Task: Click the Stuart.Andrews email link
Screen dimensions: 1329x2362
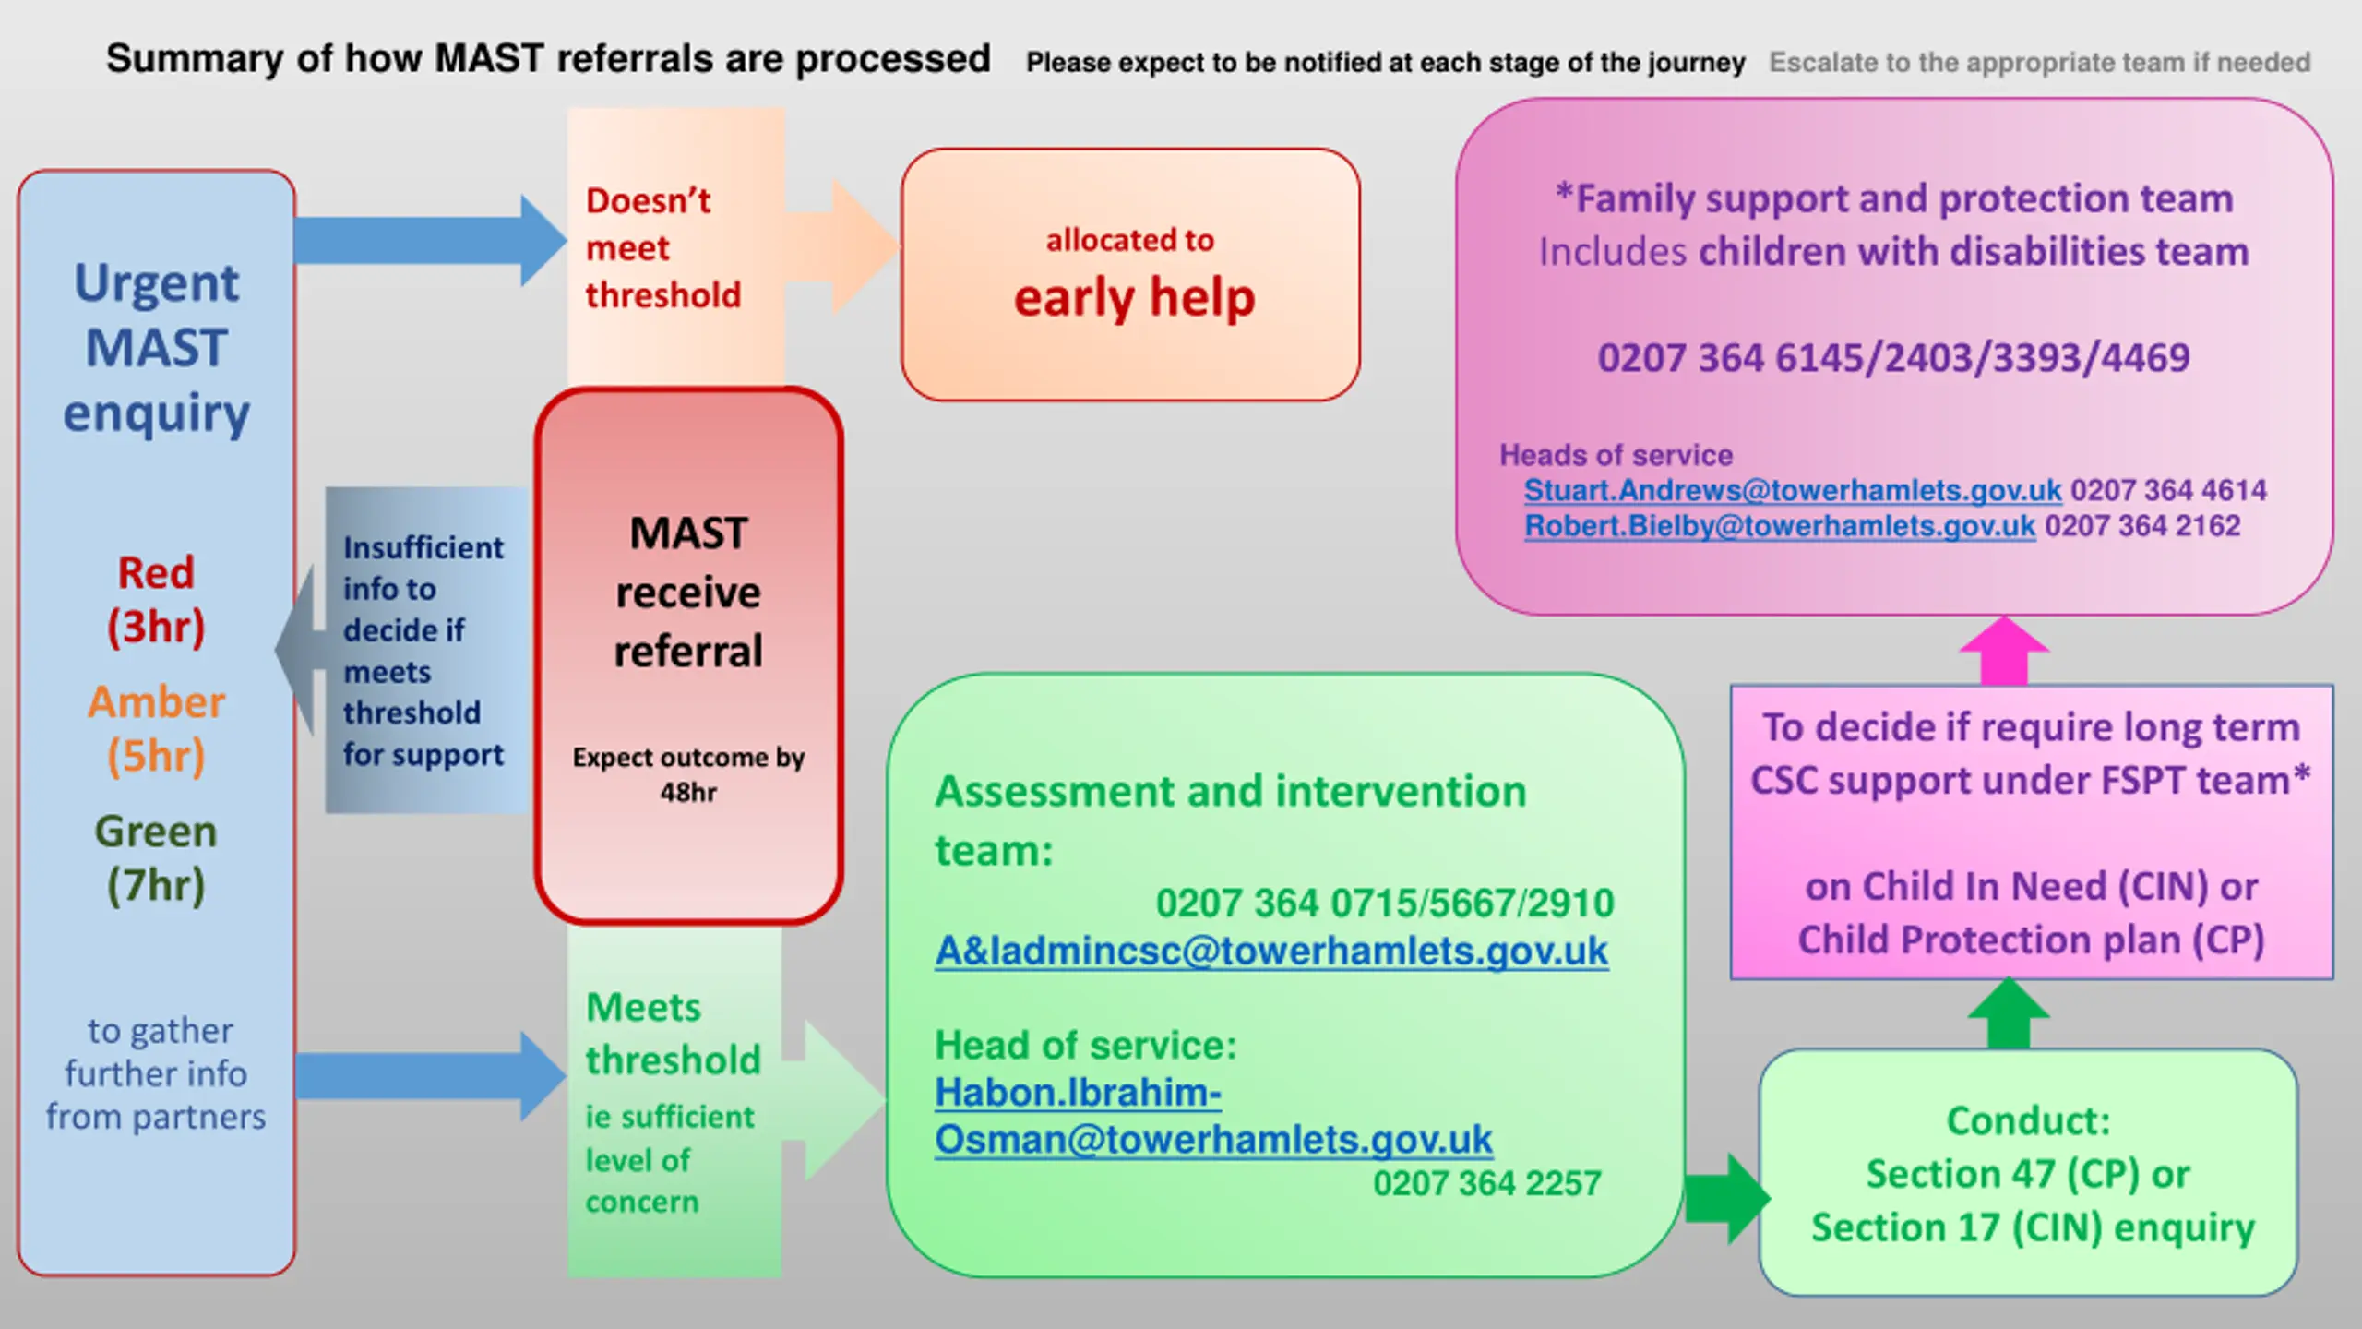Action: point(1792,490)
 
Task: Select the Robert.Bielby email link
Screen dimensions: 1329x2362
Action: point(1779,526)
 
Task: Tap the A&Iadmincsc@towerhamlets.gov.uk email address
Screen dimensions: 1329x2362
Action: point(1271,952)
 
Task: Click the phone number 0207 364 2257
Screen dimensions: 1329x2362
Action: point(1486,1183)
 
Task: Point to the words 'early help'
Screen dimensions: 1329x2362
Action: point(1134,298)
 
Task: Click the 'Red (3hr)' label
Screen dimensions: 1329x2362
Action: point(156,600)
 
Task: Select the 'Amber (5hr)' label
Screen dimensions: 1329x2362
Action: point(156,729)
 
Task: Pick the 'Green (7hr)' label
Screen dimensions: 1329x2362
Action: point(156,858)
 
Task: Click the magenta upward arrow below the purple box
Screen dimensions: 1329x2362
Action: point(2004,651)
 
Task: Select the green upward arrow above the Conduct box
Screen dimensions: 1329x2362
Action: point(2009,1013)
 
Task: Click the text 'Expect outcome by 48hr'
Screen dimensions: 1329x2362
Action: point(688,774)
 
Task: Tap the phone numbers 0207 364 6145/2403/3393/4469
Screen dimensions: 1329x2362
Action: point(1893,358)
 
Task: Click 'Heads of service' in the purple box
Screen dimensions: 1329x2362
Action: point(1616,455)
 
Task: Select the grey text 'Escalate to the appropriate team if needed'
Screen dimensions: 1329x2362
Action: point(2039,63)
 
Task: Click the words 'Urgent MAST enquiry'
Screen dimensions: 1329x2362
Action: point(156,348)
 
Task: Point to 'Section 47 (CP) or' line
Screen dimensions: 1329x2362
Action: point(2027,1174)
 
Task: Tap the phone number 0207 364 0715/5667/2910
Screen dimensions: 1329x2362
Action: point(1384,903)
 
